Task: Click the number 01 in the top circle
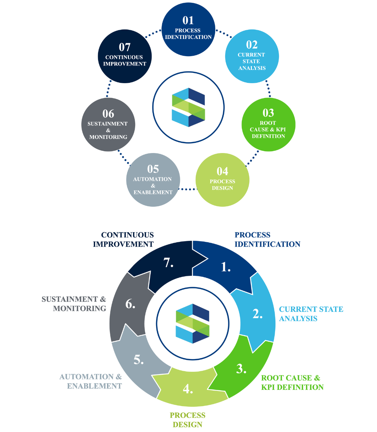coord(188,20)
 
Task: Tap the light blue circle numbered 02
coord(252,57)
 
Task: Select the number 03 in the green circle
coord(268,113)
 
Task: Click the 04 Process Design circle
coord(222,180)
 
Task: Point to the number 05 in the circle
coord(153,169)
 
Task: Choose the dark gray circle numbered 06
coord(108,125)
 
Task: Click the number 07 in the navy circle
coord(124,47)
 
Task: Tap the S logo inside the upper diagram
coord(188,107)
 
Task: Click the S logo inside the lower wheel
coord(192,324)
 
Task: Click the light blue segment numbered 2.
coord(257,314)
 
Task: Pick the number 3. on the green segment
coord(241,369)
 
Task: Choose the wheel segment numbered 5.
coord(139,360)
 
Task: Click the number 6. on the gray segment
coord(130,305)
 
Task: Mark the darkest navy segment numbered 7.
coord(168,263)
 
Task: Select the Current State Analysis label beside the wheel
coord(311,314)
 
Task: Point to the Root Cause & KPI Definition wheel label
coord(292,383)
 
